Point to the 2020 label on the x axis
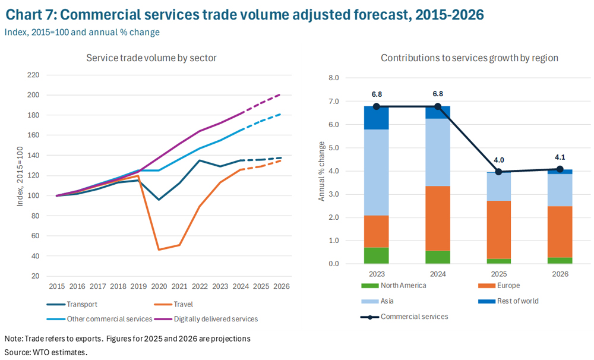click(x=159, y=286)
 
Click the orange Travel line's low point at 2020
click(x=159, y=250)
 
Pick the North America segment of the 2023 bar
click(x=377, y=255)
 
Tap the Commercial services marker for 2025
click(x=499, y=172)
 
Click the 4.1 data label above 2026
click(x=560, y=158)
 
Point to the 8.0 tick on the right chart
click(x=333, y=78)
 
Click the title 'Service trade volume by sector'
click(x=151, y=58)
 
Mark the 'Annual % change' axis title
click(x=322, y=170)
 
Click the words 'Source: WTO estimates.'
click(x=46, y=352)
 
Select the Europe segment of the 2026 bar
click(x=560, y=232)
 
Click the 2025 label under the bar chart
click(x=499, y=274)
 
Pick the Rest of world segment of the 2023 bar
click(x=377, y=118)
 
